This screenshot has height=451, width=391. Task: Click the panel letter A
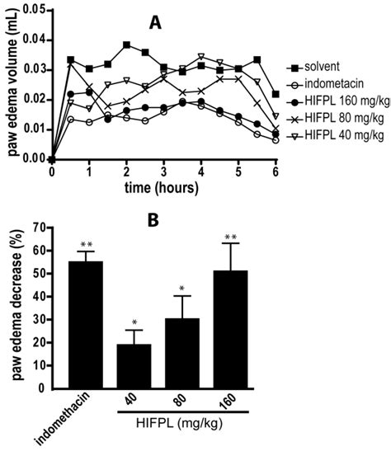155,25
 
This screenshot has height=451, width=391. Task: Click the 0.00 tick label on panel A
31,159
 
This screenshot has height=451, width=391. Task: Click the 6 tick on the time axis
276,171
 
